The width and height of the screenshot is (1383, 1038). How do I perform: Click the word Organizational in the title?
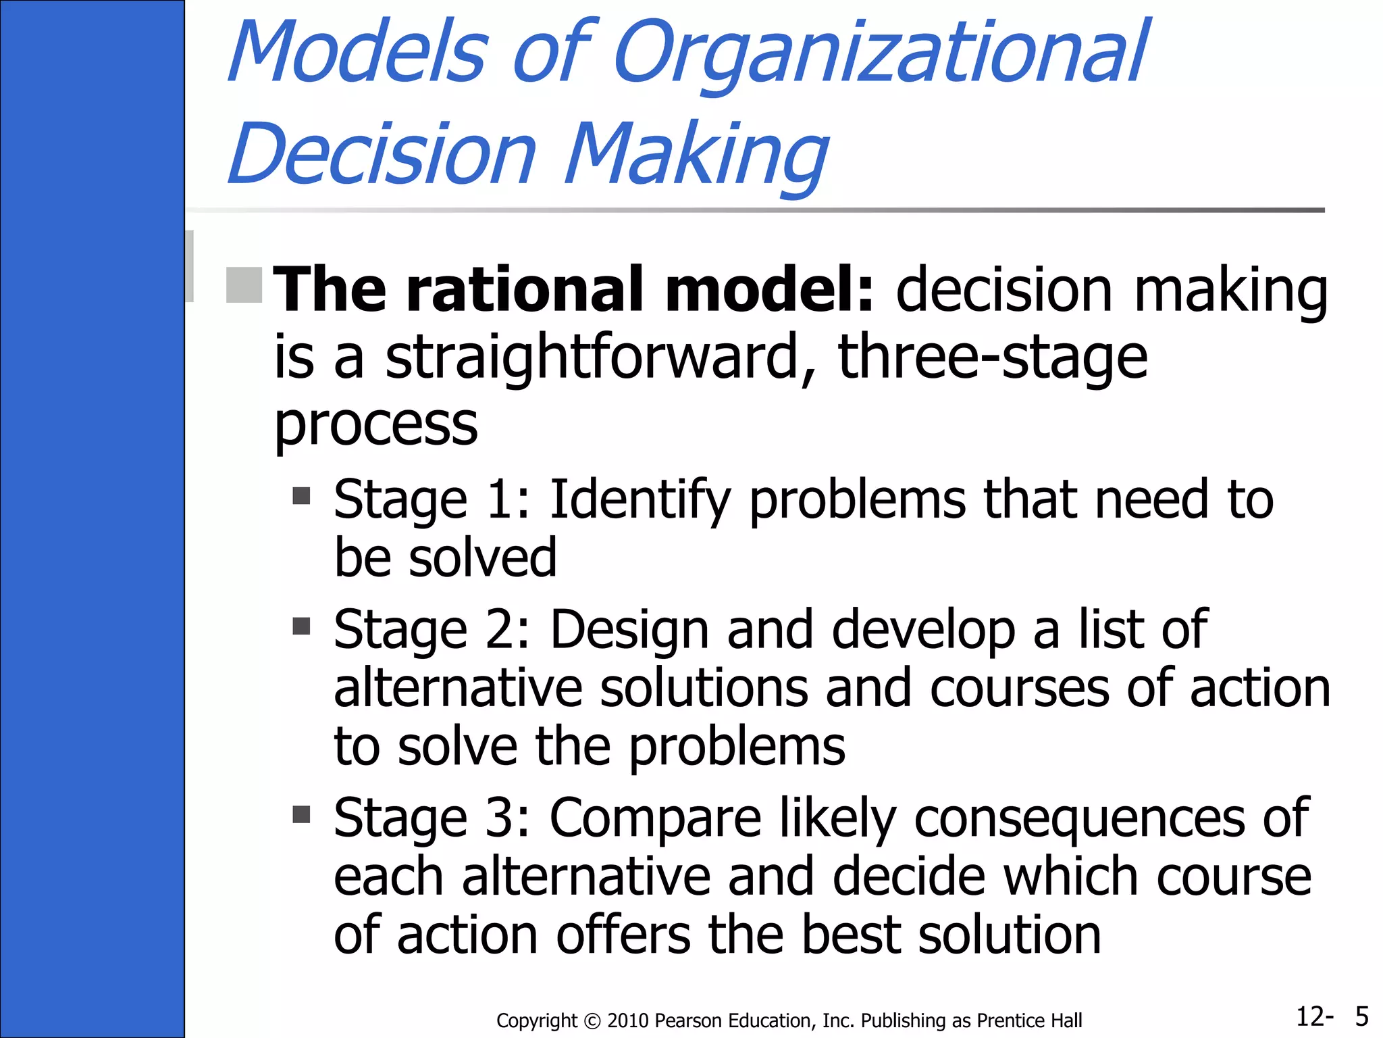point(881,54)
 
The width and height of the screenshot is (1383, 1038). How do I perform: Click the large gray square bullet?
point(244,285)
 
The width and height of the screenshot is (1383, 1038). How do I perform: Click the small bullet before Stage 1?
point(301,497)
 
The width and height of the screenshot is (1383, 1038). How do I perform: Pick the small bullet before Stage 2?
point(301,626)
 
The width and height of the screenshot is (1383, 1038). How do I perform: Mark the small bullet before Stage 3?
point(301,814)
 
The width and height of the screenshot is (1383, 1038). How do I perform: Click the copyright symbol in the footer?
point(592,1020)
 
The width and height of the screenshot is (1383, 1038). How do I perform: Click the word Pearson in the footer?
point(686,1020)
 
